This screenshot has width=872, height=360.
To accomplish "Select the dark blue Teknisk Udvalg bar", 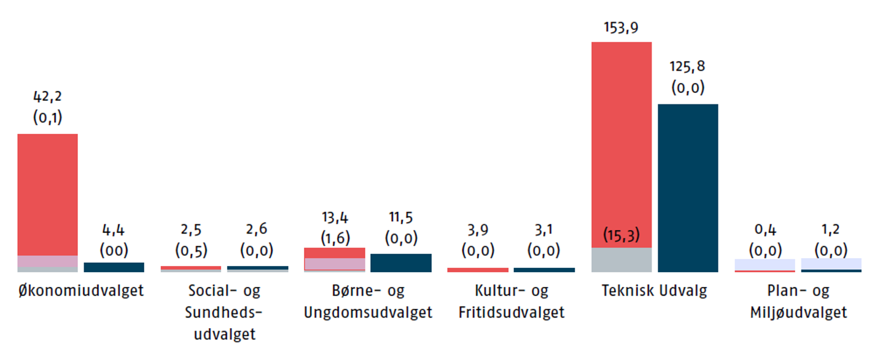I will (688, 187).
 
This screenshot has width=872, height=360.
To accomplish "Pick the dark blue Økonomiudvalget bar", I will (114, 267).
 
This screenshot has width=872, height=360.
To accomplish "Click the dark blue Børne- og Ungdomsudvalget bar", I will (401, 263).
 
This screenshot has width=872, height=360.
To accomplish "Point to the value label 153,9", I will (621, 28).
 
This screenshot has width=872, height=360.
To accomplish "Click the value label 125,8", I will (688, 66).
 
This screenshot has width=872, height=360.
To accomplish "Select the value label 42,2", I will (47, 96).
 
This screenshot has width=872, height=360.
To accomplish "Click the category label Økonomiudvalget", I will (81, 291).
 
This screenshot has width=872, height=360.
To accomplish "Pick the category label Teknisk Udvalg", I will (655, 291).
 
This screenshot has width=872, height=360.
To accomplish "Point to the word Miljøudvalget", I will (798, 313).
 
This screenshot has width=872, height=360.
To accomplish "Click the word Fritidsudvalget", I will (512, 313).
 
